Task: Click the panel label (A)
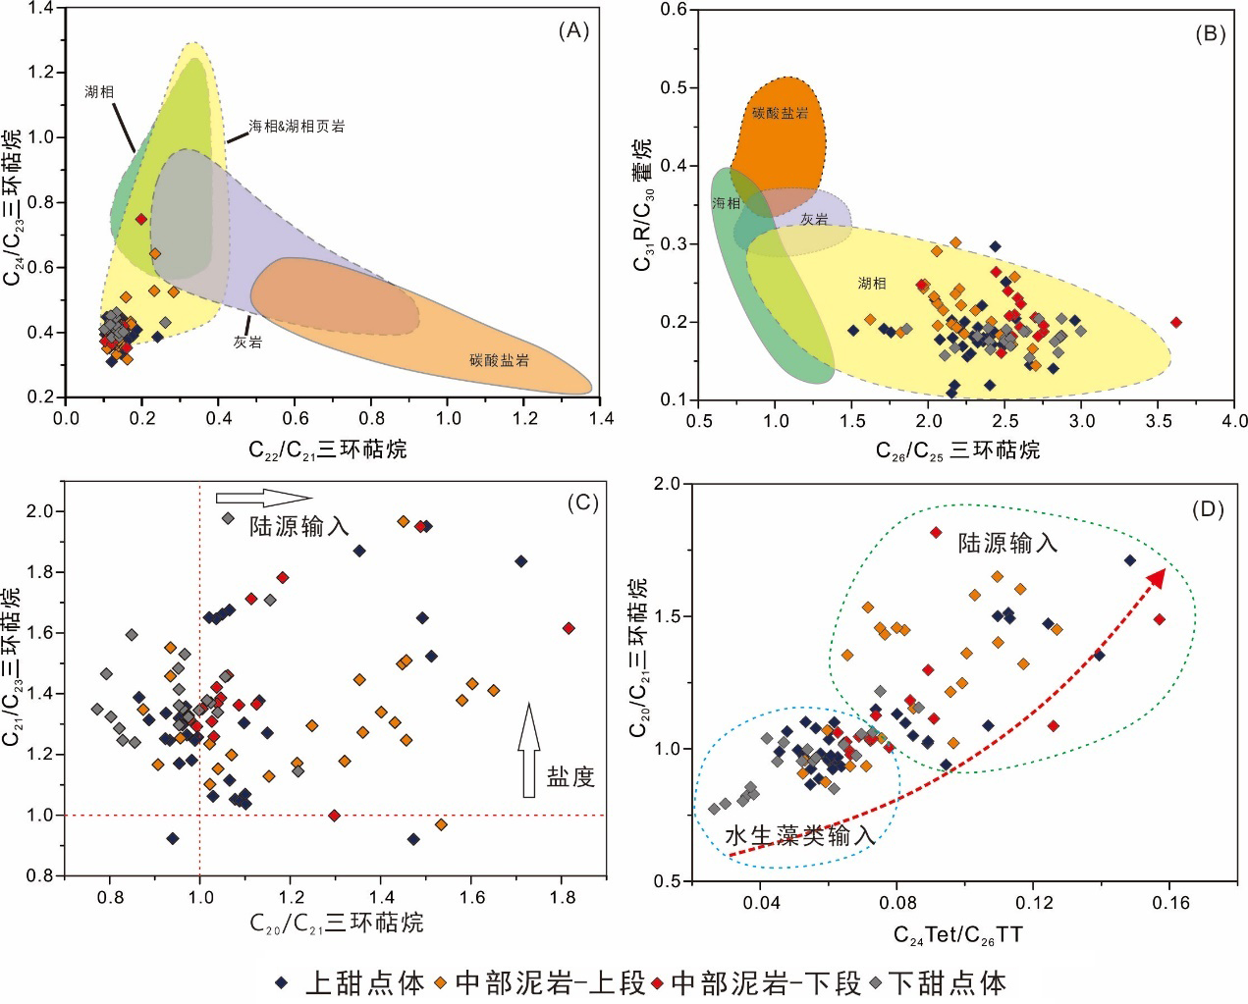pos(572,31)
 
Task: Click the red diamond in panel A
pos(141,219)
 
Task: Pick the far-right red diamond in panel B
pos(1176,322)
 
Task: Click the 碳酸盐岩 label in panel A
pos(501,360)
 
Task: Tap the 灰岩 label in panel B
pos(814,220)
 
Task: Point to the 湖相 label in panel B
pos(872,284)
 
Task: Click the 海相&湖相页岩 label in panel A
pos(296,127)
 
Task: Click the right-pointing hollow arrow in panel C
pos(262,497)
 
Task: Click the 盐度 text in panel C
pos(570,777)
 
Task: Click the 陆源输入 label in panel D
pos(1008,542)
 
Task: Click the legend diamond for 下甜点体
pos(873,982)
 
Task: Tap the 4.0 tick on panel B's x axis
pos(1234,421)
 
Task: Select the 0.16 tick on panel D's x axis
pos(1168,901)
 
